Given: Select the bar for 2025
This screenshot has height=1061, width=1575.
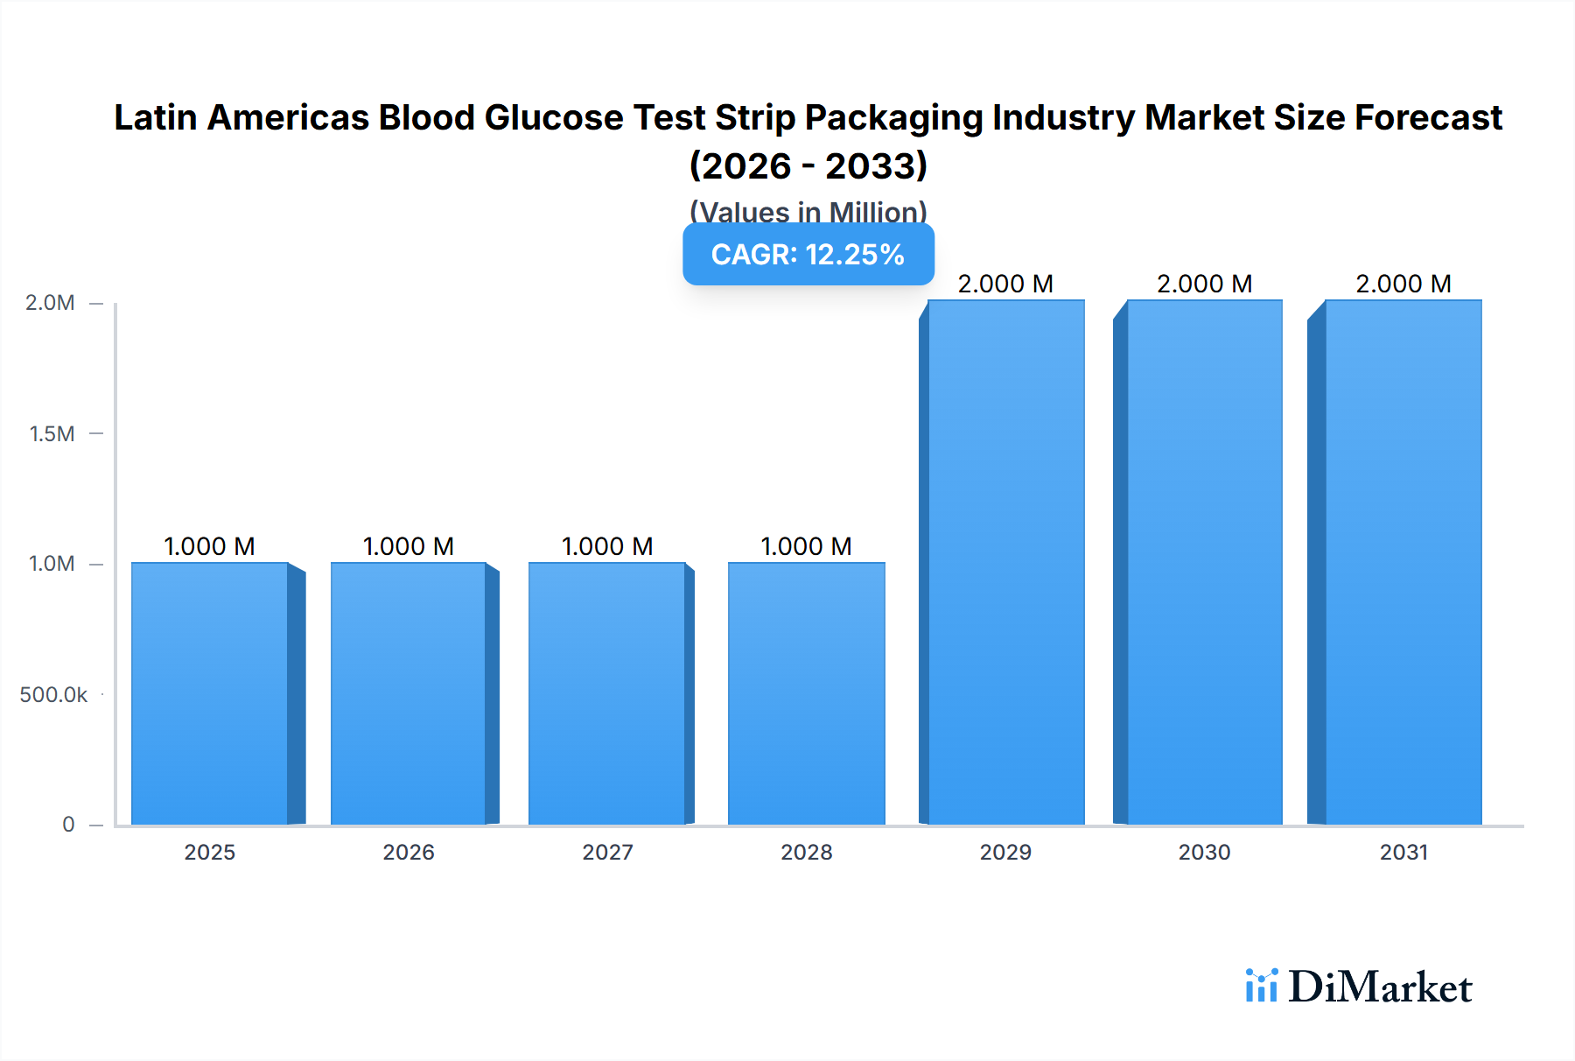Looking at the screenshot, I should [x=210, y=693].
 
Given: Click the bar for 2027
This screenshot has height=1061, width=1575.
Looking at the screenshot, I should [x=607, y=693].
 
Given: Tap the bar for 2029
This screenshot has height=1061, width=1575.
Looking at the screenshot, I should [x=1006, y=562].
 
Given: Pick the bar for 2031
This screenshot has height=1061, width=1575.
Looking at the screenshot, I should [x=1403, y=562].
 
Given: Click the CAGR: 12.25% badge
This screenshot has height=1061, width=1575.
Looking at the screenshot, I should [x=808, y=255].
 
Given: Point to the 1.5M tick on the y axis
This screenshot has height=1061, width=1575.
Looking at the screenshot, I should [x=52, y=433].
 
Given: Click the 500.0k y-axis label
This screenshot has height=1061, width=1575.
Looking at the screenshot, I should [x=53, y=694].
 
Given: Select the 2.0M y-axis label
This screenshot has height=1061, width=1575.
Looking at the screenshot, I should [x=50, y=303].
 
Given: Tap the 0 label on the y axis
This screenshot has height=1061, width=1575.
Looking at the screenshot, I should [x=68, y=824].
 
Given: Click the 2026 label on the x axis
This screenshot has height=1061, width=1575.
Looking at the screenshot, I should [x=409, y=852].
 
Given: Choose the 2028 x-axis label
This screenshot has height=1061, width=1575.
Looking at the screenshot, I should [x=807, y=852].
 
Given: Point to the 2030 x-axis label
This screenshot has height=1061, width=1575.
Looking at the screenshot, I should [x=1204, y=852].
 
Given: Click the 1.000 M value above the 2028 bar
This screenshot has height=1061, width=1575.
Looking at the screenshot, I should [x=806, y=546].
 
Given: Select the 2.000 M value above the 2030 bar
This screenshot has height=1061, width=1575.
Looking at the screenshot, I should [x=1204, y=284].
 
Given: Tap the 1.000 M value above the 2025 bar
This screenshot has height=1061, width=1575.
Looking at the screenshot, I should [x=209, y=546].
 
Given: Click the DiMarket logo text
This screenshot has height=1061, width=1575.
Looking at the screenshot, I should [x=1380, y=987].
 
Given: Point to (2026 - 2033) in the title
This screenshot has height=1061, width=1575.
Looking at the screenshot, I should [x=808, y=165].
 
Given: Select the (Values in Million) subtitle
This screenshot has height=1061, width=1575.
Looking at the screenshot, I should [x=808, y=211].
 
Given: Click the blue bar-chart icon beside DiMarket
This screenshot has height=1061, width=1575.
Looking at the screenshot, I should [x=1261, y=986].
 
